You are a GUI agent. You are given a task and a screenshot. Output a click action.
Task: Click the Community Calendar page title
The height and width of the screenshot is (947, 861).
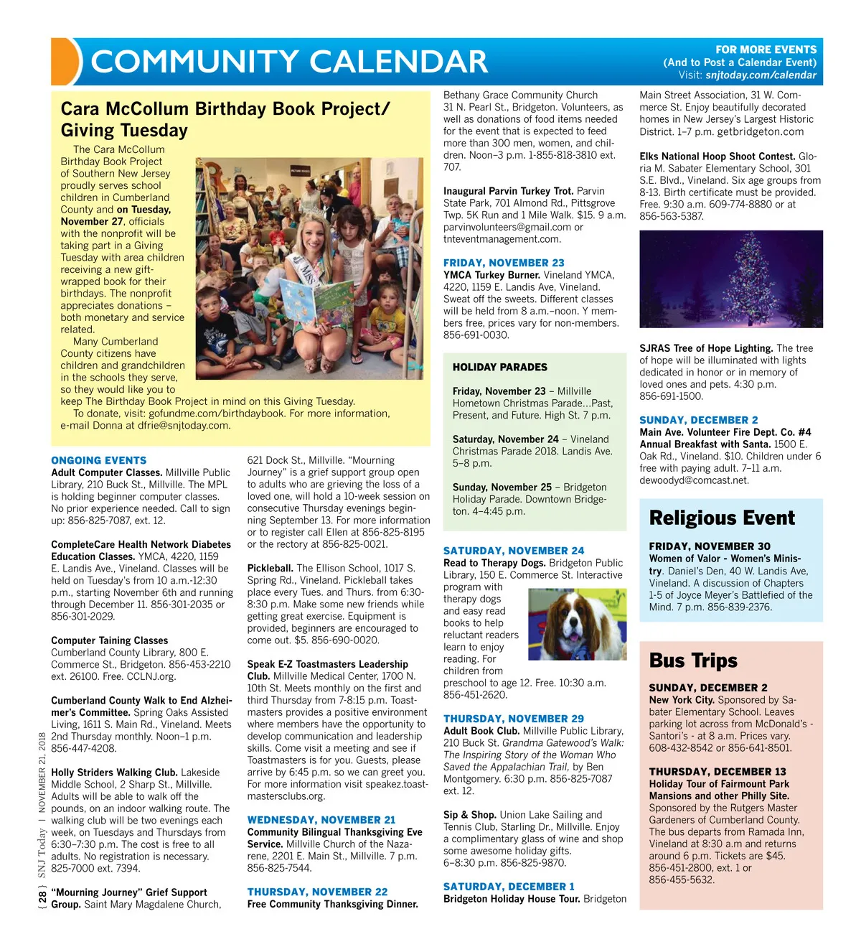(289, 62)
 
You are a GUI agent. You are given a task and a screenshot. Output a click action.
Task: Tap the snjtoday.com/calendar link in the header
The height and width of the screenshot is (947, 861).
(761, 75)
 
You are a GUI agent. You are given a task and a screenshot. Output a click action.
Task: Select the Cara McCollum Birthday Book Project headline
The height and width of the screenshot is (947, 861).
(225, 119)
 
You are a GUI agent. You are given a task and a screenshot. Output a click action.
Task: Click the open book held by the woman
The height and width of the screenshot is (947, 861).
(316, 302)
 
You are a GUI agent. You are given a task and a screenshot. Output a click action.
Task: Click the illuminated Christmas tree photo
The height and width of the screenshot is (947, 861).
(730, 279)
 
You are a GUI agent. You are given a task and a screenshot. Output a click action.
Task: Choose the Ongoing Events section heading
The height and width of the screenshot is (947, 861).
(98, 460)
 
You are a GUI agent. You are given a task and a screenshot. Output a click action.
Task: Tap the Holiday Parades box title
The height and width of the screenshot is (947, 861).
(499, 367)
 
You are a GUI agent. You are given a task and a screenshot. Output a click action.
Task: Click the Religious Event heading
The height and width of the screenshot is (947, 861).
(722, 518)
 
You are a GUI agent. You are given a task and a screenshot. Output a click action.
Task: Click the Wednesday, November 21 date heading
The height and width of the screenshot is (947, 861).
(321, 820)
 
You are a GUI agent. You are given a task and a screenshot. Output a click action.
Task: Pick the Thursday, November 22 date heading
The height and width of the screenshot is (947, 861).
(317, 892)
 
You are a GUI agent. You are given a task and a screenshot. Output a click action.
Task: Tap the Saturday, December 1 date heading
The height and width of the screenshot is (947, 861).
(509, 887)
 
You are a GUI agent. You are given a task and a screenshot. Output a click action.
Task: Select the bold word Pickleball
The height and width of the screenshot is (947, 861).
(270, 568)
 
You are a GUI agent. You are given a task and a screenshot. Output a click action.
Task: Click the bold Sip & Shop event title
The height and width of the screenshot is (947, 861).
(469, 815)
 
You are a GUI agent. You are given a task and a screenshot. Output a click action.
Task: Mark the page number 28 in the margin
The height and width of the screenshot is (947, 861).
(43, 896)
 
